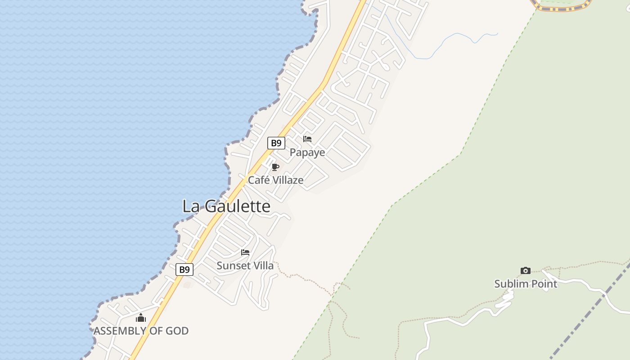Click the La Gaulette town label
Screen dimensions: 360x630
point(226,206)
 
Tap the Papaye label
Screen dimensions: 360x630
point(307,153)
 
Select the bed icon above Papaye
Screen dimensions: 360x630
point(307,139)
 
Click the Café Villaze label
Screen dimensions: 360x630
point(276,180)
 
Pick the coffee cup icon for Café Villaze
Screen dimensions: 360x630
point(275,167)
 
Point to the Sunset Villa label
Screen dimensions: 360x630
point(245,265)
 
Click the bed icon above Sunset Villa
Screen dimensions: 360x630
point(245,252)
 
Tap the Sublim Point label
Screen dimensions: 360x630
point(526,284)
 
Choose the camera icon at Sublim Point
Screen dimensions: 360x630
point(526,270)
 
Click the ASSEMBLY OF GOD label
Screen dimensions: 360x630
point(141,331)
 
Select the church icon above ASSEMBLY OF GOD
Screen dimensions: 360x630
point(141,318)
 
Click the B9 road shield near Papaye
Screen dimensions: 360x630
point(276,143)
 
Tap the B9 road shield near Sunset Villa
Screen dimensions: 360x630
point(184,270)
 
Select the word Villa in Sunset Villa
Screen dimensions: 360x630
point(262,265)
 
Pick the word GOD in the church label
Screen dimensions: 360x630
point(176,331)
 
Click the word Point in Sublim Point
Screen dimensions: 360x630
point(543,284)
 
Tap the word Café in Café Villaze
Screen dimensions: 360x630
point(259,180)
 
